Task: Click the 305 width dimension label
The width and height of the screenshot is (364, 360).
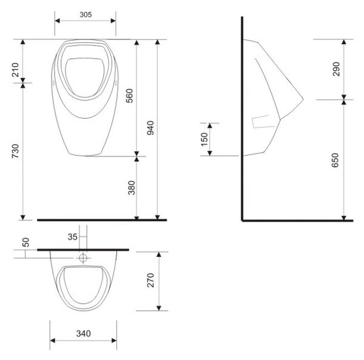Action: click(x=86, y=15)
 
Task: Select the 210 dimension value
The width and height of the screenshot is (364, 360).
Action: click(x=15, y=70)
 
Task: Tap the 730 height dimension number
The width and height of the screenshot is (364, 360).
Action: click(x=15, y=152)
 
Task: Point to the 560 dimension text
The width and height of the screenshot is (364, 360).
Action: click(x=129, y=96)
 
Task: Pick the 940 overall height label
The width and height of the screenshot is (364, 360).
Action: click(x=150, y=128)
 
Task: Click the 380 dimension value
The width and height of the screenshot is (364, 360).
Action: click(x=132, y=188)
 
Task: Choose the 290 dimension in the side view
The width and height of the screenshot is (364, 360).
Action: click(x=336, y=69)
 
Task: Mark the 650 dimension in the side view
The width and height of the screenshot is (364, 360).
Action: click(x=335, y=160)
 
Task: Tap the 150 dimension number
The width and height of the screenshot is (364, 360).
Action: click(x=204, y=139)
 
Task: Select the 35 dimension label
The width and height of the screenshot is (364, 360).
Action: click(x=72, y=237)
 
